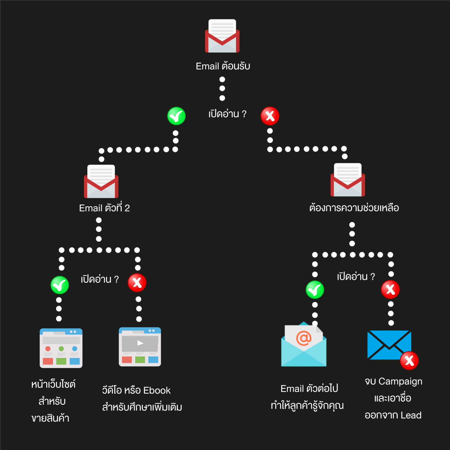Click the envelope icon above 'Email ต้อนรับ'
(222, 36)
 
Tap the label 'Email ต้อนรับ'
(223, 66)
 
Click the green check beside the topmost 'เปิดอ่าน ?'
(176, 116)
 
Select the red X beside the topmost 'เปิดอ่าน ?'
(270, 116)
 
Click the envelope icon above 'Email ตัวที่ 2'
(101, 182)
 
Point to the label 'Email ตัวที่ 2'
(104, 208)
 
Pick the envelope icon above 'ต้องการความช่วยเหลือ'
(348, 180)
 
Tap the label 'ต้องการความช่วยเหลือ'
(354, 208)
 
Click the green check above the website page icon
(60, 285)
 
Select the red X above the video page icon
(137, 283)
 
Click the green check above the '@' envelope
(315, 290)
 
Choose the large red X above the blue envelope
(390, 289)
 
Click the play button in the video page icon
(140, 343)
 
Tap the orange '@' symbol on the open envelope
(304, 338)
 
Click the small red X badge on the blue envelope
(409, 361)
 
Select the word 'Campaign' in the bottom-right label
(400, 381)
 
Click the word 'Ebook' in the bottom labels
(157, 391)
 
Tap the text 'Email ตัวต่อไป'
(309, 388)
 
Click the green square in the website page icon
(61, 361)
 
